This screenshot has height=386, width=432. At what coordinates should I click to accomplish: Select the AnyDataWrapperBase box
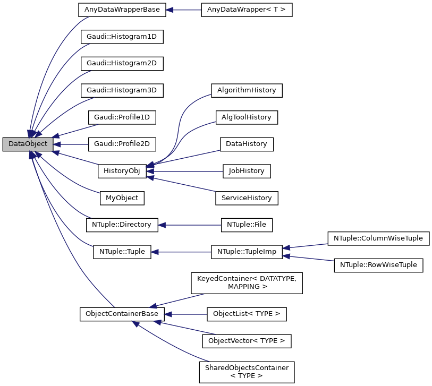click(x=122, y=10)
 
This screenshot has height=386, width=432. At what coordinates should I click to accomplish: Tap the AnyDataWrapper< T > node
click(x=247, y=10)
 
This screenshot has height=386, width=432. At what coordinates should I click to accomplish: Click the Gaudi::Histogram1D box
click(x=122, y=37)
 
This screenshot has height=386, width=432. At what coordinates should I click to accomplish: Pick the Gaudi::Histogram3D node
click(x=122, y=90)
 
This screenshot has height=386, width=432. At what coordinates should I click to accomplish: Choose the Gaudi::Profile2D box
click(x=122, y=144)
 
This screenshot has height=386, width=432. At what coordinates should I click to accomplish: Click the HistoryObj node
click(x=122, y=171)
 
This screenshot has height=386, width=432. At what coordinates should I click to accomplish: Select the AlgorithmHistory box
click(x=247, y=90)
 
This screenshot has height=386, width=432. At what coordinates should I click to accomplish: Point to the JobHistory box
click(x=247, y=171)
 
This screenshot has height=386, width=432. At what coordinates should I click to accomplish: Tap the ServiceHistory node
click(x=247, y=198)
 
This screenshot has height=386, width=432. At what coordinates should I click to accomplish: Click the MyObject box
click(x=122, y=198)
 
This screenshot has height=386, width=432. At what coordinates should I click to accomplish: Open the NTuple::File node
click(x=247, y=225)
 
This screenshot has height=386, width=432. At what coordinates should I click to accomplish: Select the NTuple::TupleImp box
click(x=247, y=252)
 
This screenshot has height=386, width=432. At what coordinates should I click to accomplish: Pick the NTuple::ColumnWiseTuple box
click(x=378, y=238)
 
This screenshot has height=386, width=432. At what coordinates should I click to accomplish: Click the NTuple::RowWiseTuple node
click(x=378, y=265)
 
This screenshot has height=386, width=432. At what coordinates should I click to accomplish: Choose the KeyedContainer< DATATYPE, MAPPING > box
click(x=247, y=282)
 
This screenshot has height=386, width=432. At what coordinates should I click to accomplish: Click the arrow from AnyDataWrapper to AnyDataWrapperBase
click(x=184, y=10)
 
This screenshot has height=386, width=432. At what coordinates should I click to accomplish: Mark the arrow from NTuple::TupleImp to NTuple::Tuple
click(x=181, y=252)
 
